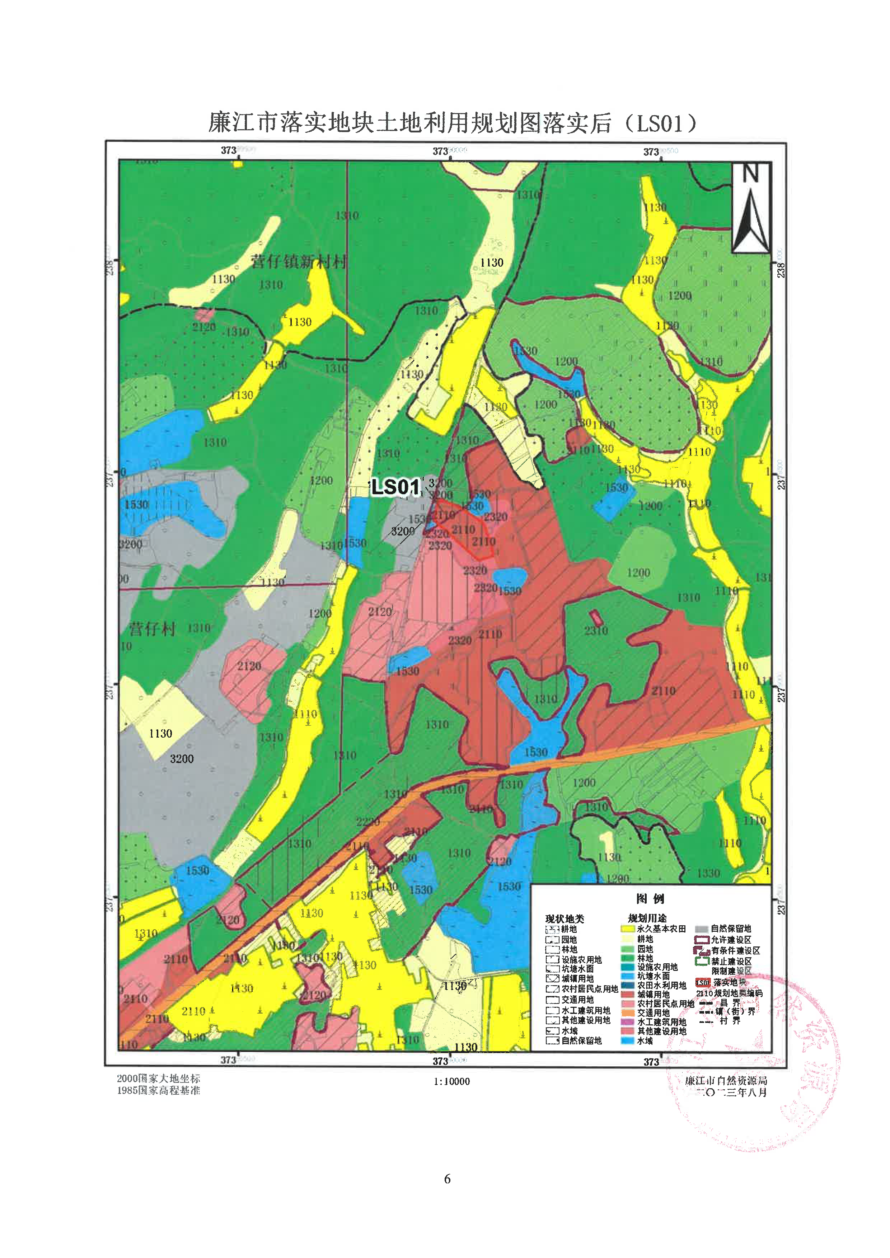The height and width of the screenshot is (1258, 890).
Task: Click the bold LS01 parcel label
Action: pos(396,487)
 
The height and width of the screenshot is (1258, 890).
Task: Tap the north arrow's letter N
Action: pos(751,174)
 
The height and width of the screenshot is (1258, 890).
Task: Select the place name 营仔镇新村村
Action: pos(299,261)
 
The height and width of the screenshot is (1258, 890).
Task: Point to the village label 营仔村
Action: pos(153,629)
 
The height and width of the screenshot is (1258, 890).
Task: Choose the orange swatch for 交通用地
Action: pos(628,1013)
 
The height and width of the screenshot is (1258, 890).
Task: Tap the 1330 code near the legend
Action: pos(709,873)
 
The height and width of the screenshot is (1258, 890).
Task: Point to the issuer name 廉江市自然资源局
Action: pos(726,1080)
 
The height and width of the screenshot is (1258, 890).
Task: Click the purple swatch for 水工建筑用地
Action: pos(628,1022)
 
